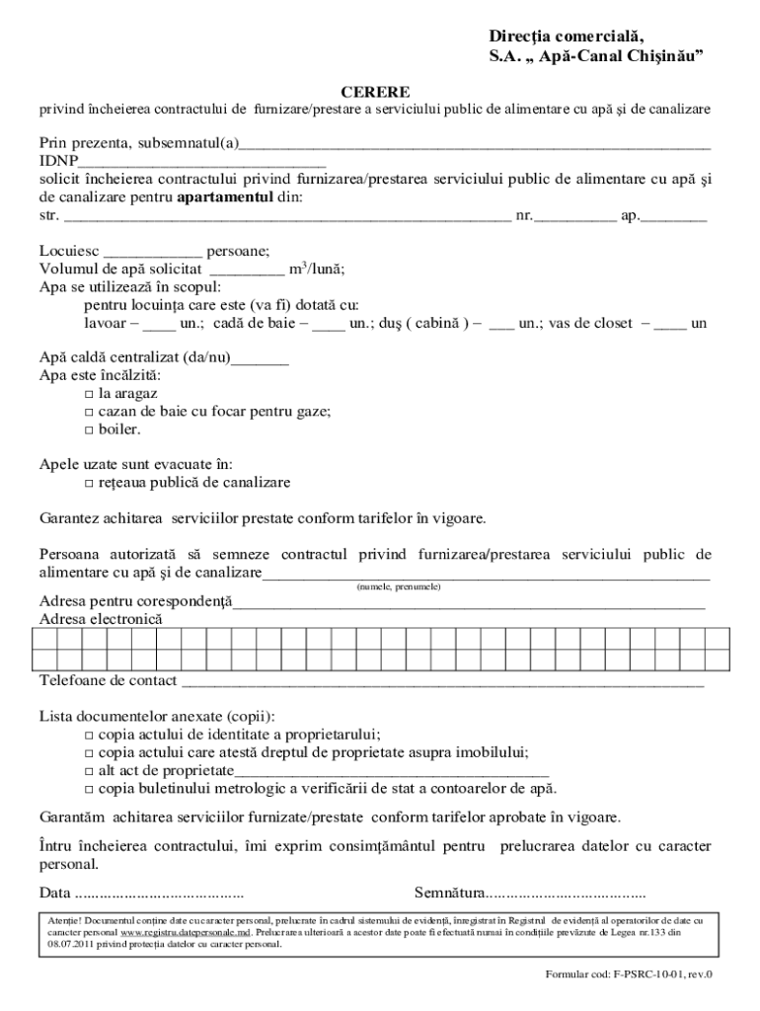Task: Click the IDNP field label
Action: point(58,161)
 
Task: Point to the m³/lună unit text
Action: point(315,270)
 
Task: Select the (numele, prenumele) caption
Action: point(398,586)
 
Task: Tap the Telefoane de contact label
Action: point(109,680)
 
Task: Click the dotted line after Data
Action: point(160,894)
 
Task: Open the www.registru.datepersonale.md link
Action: point(186,932)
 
